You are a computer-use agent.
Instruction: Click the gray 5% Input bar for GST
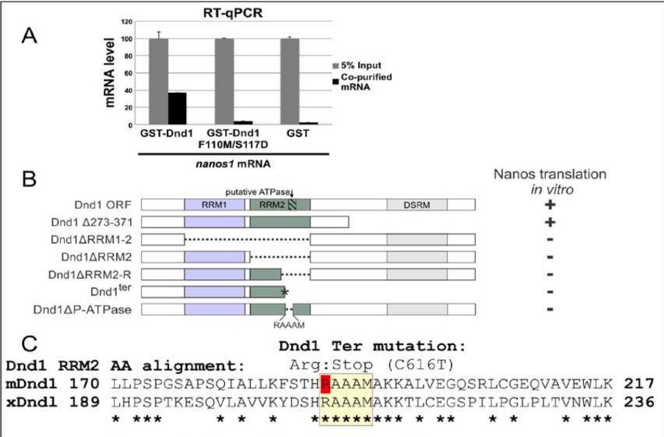(x=292, y=81)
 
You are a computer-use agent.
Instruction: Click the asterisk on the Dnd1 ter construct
(x=286, y=292)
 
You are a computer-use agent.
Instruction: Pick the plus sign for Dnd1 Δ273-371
(x=549, y=221)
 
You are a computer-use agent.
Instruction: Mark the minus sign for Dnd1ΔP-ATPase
(x=549, y=309)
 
